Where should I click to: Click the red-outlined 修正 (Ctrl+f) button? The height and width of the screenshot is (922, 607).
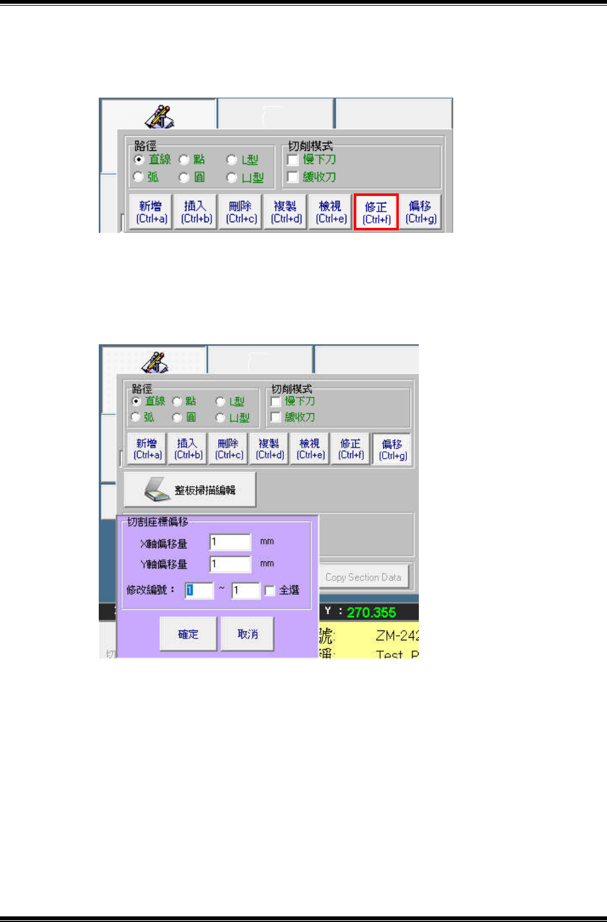[376, 212]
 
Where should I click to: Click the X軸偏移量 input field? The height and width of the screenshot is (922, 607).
[230, 542]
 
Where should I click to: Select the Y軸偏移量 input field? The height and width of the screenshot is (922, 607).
[230, 564]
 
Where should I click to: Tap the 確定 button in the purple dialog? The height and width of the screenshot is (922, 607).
[188, 634]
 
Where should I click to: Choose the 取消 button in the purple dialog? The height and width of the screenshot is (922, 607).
[248, 634]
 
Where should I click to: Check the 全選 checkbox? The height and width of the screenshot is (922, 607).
[270, 590]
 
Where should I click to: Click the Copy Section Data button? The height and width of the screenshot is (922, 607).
[363, 577]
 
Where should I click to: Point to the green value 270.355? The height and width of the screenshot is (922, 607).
[371, 612]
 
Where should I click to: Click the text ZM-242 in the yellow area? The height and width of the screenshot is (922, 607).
[396, 636]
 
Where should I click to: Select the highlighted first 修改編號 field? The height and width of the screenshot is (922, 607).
[199, 590]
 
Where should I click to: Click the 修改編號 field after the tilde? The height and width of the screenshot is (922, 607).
[245, 590]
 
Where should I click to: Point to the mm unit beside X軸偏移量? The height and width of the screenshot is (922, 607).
[267, 541]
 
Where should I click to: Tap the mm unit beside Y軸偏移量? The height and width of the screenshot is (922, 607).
[267, 563]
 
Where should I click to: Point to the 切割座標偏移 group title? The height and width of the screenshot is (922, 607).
[158, 521]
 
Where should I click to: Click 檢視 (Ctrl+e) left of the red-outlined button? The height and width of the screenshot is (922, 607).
[331, 212]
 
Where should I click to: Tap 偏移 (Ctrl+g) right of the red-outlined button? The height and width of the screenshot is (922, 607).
[421, 212]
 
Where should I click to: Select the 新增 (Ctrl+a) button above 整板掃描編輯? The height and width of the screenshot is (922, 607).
[148, 449]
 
